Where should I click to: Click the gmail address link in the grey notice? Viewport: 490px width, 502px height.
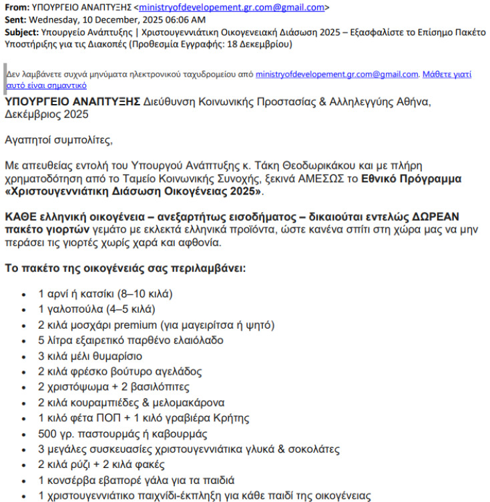336,75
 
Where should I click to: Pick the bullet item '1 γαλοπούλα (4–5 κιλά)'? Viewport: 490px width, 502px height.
96,309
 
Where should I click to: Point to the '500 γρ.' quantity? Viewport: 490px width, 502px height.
54,433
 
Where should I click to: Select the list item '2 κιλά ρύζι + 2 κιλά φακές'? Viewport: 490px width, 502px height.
101,465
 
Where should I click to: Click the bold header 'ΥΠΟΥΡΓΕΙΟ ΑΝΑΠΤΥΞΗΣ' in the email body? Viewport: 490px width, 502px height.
72,101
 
